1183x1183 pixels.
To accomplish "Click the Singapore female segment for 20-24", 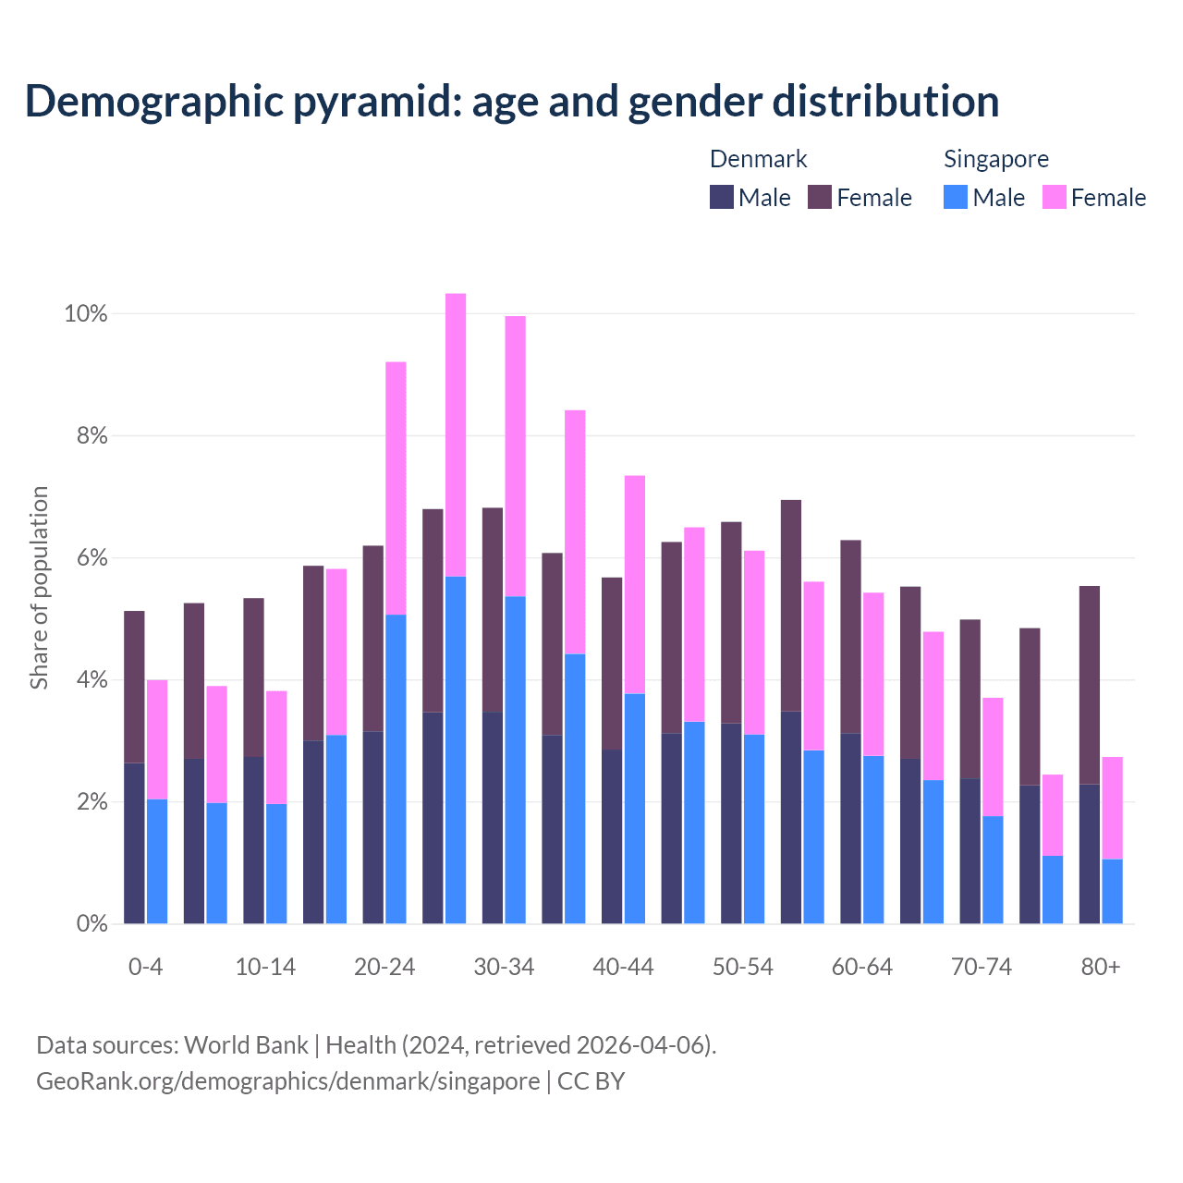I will [396, 488].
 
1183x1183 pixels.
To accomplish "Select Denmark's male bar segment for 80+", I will [1090, 854].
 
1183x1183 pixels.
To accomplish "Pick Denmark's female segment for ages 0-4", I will [134, 687].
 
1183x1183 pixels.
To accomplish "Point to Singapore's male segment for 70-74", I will [993, 870].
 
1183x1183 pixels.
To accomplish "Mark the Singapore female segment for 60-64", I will [873, 674].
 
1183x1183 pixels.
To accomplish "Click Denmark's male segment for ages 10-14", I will [253, 840].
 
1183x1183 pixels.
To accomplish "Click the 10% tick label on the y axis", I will [85, 314].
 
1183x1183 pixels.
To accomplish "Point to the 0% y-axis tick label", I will [91, 923].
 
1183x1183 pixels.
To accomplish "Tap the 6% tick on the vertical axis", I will [91, 558].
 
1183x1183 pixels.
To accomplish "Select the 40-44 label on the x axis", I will [623, 968].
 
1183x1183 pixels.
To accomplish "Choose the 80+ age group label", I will [1101, 968].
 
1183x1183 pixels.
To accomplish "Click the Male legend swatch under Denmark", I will [722, 198].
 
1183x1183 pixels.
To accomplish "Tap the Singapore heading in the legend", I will [995, 159].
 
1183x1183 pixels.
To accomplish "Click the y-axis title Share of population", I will [40, 588].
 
